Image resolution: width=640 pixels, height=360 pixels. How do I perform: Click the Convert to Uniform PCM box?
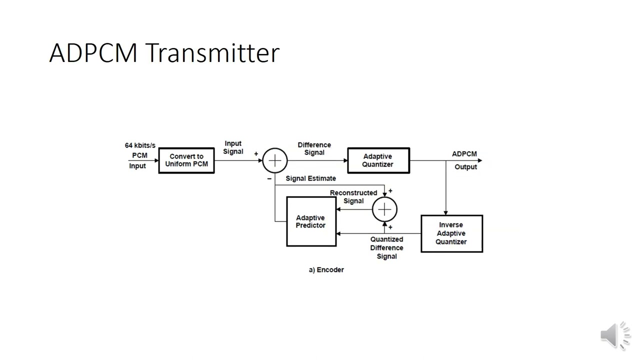[186, 160]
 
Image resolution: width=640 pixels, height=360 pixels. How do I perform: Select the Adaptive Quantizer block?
[378, 160]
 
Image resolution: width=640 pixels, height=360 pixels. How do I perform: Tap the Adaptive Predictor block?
[311, 221]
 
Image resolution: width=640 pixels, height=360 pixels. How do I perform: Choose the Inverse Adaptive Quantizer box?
[451, 233]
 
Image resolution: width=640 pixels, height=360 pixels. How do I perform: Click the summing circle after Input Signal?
[275, 160]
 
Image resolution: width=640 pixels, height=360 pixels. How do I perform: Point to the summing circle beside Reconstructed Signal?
[384, 209]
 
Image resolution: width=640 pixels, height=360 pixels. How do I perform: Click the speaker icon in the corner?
[615, 334]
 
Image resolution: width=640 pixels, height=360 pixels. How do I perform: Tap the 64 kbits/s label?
[140, 145]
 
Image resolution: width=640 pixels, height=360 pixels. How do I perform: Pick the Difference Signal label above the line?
[314, 148]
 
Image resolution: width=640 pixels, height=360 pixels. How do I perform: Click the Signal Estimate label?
[310, 178]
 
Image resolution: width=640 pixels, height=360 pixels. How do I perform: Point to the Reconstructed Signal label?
[353, 196]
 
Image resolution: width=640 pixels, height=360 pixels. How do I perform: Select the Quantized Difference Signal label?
[386, 247]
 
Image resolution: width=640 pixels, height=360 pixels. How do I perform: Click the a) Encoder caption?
[326, 269]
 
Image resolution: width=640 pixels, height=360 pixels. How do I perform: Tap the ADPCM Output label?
[465, 160]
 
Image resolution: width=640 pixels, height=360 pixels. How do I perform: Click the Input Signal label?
[233, 147]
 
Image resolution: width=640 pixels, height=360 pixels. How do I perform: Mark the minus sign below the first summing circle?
[269, 178]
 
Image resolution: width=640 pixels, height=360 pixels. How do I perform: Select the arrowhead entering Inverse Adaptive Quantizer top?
[445, 212]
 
